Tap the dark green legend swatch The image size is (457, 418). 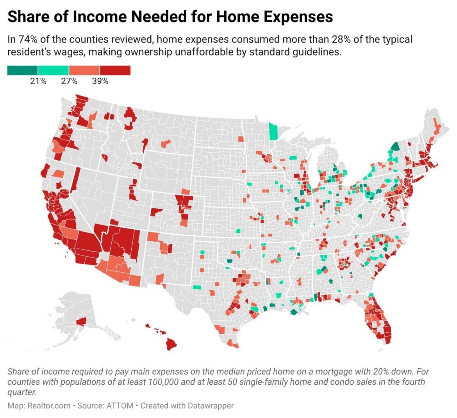pos(23,70)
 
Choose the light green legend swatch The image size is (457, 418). pos(54,70)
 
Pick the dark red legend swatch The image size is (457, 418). pos(115,70)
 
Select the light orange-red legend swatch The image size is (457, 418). pos(84,70)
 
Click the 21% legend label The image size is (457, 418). pos(38,81)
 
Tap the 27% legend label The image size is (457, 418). pos(69,81)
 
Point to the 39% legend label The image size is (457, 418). pos(100,81)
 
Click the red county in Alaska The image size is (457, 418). pos(82,322)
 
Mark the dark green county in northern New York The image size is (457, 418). pos(395,147)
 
